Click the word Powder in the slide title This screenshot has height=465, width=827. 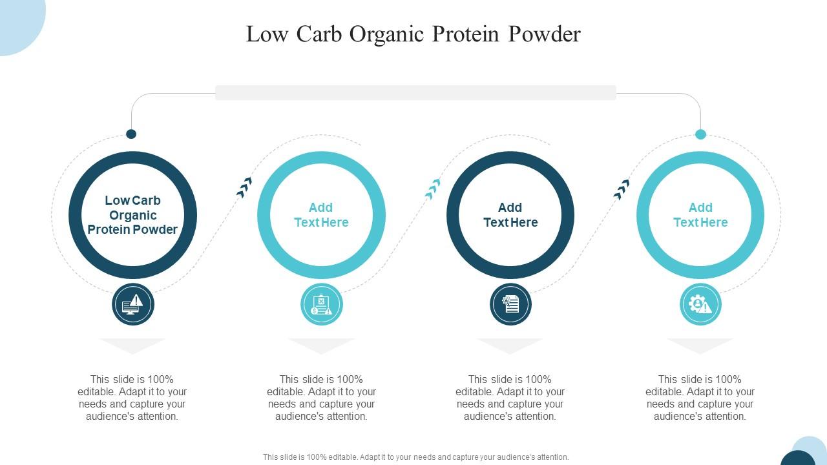click(x=545, y=34)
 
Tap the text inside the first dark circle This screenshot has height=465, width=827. click(x=132, y=215)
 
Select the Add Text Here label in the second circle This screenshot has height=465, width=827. click(x=321, y=215)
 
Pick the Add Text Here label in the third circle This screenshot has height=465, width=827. click(x=510, y=215)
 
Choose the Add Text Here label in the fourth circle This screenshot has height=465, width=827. click(x=700, y=215)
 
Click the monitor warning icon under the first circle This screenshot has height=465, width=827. click(x=133, y=304)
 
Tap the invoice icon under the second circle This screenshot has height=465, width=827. click(x=321, y=304)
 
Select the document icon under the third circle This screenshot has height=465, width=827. click(x=510, y=304)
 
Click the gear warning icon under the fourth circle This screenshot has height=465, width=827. click(x=700, y=304)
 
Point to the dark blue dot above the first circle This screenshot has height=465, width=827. click(x=131, y=134)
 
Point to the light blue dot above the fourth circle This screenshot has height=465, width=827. click(x=700, y=134)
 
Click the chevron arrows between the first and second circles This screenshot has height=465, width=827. click(x=244, y=187)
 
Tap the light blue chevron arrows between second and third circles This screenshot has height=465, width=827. click(x=433, y=188)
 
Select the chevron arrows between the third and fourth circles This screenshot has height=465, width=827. click(x=622, y=189)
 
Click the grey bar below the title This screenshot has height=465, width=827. click(x=415, y=93)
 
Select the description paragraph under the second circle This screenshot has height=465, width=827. click(x=321, y=398)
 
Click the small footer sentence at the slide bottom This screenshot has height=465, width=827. click(x=415, y=457)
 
